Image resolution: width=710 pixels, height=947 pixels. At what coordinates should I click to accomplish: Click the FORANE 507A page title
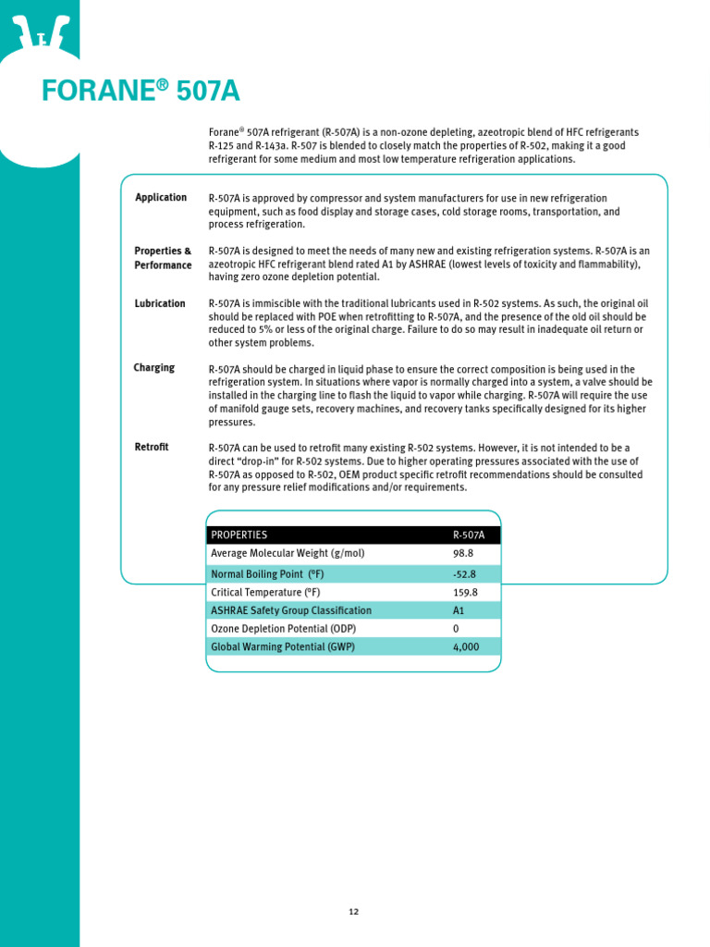coord(141,92)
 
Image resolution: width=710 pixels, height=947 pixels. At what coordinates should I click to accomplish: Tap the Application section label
coord(161,198)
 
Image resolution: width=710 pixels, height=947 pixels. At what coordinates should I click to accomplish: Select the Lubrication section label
coord(160,303)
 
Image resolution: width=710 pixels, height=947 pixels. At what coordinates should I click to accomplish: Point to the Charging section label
coord(154,368)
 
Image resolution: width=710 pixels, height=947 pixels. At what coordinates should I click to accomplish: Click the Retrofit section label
coord(152,448)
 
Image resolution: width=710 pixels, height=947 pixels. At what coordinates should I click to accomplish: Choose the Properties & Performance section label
coord(163,258)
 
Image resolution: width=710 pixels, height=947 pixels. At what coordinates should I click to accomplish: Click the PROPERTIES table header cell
coord(239,535)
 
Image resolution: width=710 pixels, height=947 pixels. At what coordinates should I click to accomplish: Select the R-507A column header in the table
coord(469,535)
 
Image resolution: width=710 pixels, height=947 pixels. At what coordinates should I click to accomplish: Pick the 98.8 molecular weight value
coord(462,553)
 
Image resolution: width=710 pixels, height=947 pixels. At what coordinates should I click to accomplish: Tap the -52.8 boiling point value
coord(464,573)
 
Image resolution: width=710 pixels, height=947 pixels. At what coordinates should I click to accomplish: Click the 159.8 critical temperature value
coord(465,592)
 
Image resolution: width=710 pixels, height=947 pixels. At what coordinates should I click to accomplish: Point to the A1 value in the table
coord(459,610)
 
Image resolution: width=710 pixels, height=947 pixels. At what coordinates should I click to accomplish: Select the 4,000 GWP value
coord(466,647)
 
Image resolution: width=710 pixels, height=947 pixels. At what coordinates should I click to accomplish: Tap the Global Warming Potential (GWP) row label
coord(283,647)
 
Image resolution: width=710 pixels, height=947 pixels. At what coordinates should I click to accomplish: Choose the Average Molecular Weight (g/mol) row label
coord(288,553)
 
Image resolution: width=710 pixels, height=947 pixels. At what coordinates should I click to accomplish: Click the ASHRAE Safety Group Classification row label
coord(291,610)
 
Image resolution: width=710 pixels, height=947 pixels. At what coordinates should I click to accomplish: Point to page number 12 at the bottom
coord(354,912)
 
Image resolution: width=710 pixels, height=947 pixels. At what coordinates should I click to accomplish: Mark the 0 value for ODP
coord(456,629)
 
